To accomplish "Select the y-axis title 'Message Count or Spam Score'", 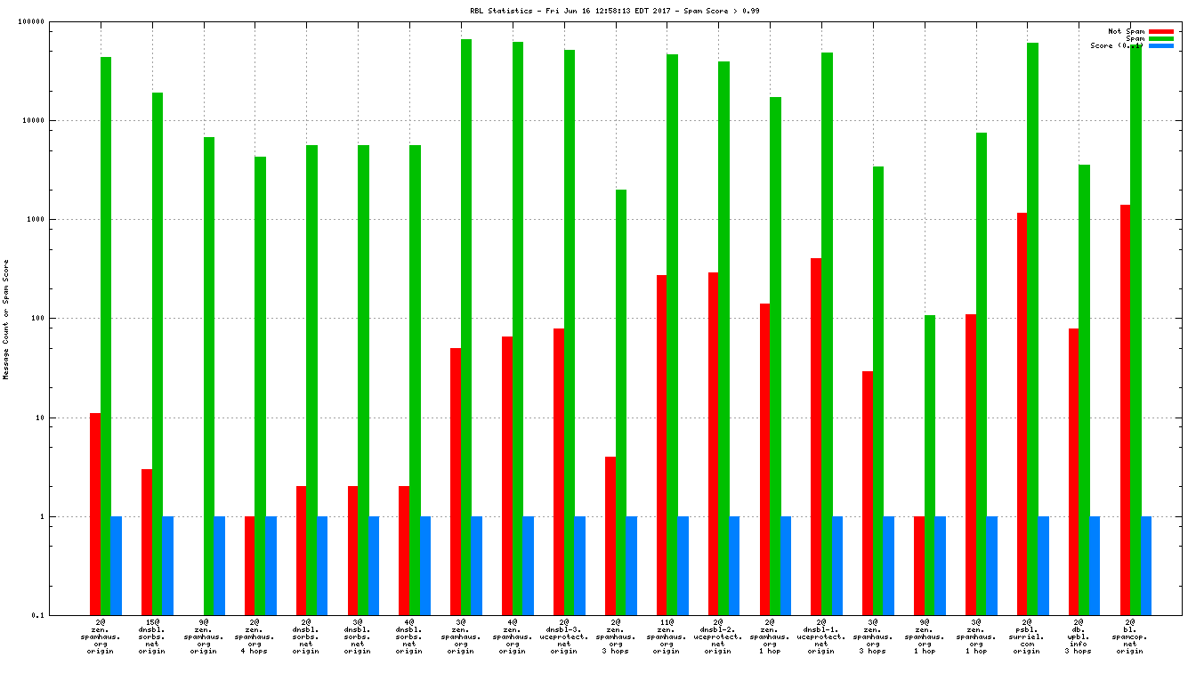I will click(x=6, y=320).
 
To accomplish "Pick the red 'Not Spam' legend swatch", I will click(x=1161, y=31).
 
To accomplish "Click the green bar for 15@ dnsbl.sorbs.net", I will click(x=158, y=353).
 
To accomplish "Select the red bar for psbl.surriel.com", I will click(x=1022, y=414).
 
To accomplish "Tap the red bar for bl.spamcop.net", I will click(x=1125, y=409).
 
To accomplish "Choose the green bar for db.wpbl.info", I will click(x=1084, y=390).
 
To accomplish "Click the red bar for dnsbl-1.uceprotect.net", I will click(x=816, y=436).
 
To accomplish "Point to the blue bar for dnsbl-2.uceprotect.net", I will click(x=734, y=565).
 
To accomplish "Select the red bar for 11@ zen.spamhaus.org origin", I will click(x=661, y=445).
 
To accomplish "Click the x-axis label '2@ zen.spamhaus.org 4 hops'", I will click(x=255, y=637).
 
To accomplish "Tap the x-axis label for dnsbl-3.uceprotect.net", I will click(x=563, y=637).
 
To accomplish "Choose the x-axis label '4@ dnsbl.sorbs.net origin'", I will click(x=409, y=637).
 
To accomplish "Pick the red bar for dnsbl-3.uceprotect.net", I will click(x=558, y=472).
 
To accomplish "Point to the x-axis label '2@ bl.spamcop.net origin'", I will click(x=1130, y=637).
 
